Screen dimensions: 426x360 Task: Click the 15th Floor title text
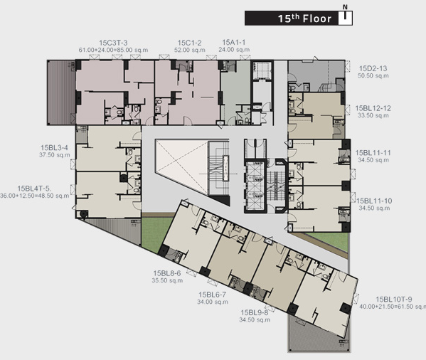[x=304, y=18]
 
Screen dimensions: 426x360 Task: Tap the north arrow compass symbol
[x=345, y=16]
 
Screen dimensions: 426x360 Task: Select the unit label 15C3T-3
[x=113, y=43]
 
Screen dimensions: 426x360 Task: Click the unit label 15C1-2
[x=190, y=43]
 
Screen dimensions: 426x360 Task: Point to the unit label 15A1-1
[x=234, y=43]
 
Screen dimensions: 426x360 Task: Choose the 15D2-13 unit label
[x=373, y=68]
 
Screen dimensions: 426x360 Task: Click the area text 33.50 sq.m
[x=373, y=115]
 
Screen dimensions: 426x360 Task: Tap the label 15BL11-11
[x=373, y=153]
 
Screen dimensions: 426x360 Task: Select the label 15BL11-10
[x=374, y=201]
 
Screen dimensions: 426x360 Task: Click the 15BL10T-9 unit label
[x=394, y=300]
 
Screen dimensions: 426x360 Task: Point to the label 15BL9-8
[x=255, y=313]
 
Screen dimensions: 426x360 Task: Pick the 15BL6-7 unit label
[x=212, y=295]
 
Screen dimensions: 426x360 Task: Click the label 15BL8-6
[x=167, y=273]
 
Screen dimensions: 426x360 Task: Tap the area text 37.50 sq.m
[x=54, y=155]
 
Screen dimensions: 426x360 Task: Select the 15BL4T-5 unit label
[x=35, y=189]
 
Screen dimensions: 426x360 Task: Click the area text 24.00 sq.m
[x=234, y=50]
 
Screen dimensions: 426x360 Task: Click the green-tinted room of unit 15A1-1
[x=233, y=90]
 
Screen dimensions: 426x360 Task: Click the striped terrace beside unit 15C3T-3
[x=61, y=92]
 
